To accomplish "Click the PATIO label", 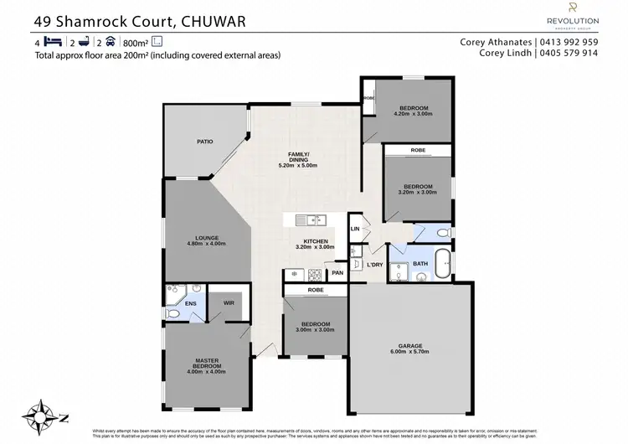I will [204, 142].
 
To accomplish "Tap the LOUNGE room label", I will [207, 238].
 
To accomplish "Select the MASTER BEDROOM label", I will [207, 363].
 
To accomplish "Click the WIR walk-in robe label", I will [227, 303].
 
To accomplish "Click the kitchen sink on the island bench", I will [312, 220].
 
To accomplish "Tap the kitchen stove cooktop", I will [316, 273].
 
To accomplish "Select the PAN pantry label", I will [337, 273].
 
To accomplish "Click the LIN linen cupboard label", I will [355, 228].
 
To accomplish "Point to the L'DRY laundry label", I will [375, 266].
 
